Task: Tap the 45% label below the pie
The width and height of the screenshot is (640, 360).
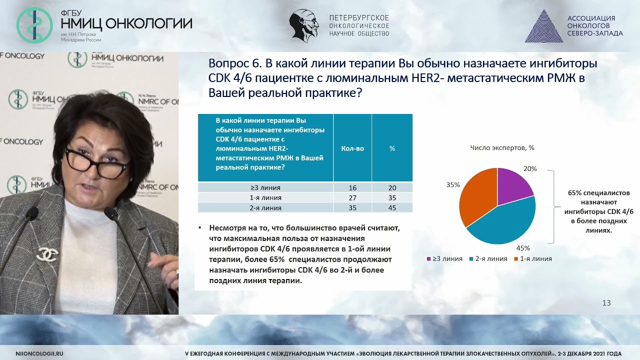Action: [523, 248]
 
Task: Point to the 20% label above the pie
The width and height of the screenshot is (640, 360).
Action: [530, 169]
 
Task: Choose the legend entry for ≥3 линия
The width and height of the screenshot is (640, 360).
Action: [444, 259]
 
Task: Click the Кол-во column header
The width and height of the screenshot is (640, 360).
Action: [352, 148]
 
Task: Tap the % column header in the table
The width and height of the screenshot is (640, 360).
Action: [392, 148]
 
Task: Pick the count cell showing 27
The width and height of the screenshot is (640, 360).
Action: [352, 198]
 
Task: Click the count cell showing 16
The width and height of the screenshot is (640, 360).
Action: [352, 188]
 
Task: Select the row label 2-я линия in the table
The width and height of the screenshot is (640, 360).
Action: [266, 208]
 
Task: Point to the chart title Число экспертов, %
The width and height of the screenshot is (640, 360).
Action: [502, 147]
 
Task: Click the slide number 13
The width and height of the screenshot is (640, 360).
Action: [606, 303]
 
